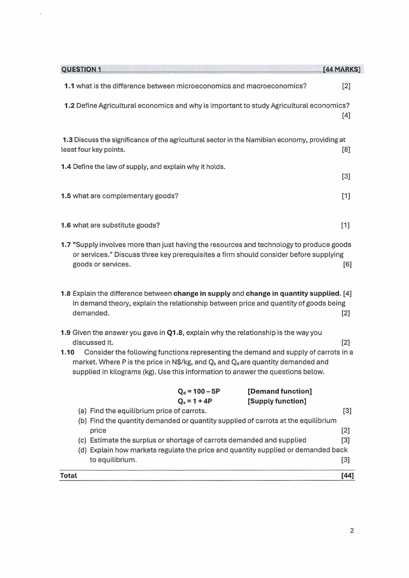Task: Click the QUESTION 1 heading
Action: (x=81, y=69)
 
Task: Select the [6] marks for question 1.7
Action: (x=347, y=265)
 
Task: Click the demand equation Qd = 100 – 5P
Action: (x=198, y=392)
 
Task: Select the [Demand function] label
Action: (x=280, y=392)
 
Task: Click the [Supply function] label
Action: (x=277, y=401)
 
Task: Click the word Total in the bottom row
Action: (x=69, y=475)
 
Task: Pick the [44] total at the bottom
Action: (x=347, y=475)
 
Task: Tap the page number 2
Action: (x=352, y=531)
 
